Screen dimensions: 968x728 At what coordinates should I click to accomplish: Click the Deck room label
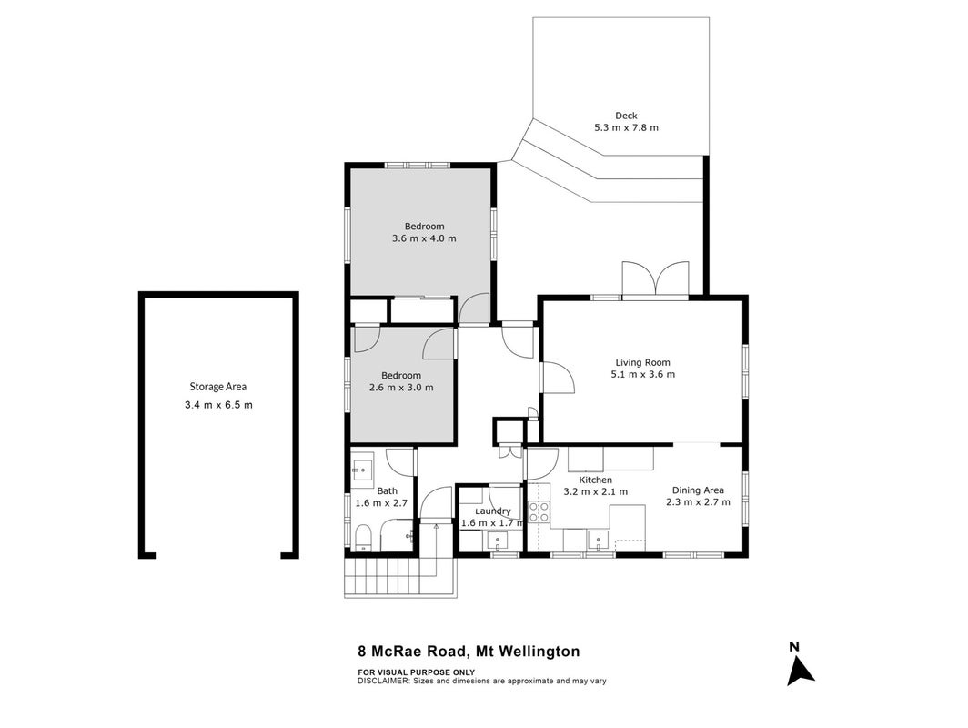626,116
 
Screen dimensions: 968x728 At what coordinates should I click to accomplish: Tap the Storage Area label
218,387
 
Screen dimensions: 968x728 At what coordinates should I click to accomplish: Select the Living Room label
642,362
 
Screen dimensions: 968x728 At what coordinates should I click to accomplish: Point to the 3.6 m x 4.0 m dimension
424,238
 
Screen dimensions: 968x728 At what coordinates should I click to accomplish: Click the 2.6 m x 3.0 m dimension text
401,388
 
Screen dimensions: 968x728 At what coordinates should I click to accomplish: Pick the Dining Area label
698,490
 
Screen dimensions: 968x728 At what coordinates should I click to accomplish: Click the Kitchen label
596,480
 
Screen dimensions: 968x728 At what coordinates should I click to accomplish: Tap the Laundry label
493,511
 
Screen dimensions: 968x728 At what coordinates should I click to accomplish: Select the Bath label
387,490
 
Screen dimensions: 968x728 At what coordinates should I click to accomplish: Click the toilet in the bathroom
362,538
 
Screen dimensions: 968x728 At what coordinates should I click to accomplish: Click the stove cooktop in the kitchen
539,513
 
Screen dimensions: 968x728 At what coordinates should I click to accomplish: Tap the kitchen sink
598,541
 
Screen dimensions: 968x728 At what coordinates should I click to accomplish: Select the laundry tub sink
498,541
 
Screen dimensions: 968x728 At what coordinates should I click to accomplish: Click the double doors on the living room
656,280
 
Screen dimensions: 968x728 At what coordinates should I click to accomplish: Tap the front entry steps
401,577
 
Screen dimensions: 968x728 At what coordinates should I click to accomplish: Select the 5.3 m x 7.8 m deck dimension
626,127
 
